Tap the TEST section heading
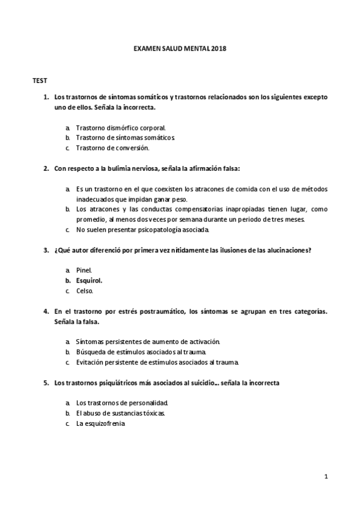[40, 80]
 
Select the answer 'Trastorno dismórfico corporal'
[120, 127]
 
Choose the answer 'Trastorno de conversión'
[112, 147]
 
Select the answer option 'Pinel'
[84, 271]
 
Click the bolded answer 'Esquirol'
[89, 280]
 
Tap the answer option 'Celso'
[84, 290]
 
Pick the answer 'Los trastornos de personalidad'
[122, 402]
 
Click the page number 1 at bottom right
[325, 477]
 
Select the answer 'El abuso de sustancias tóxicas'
[120, 413]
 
